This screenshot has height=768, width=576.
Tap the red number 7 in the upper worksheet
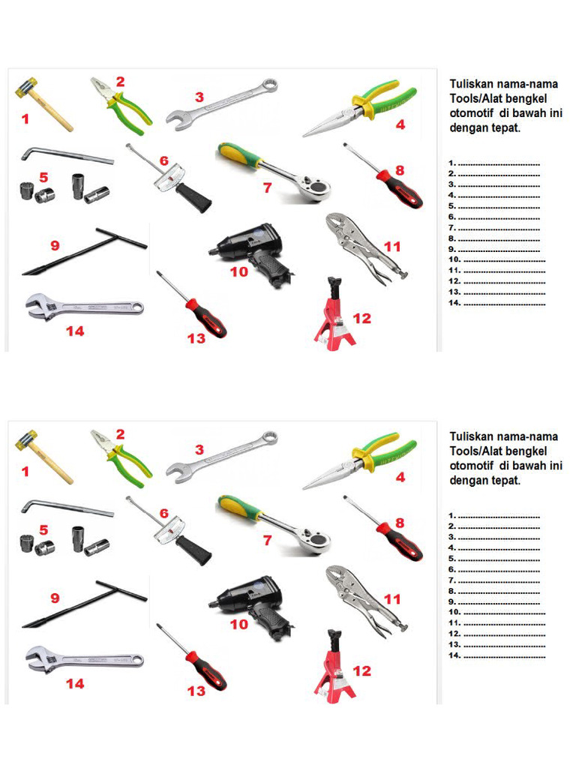pos(267,187)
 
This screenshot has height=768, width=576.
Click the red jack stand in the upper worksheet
pos(335,314)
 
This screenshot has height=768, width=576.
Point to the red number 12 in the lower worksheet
pos(362,670)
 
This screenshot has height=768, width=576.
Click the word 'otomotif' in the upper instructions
pos(471,112)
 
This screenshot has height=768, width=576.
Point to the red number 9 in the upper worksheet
pos(55,245)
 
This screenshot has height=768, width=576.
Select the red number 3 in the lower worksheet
pos(199,450)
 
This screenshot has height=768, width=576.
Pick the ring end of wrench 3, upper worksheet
pos(269,85)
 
